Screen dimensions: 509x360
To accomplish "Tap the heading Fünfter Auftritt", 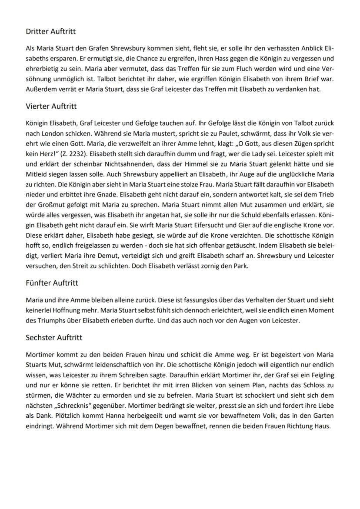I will (x=52, y=283).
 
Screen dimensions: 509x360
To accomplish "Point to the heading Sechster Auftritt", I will (x=54, y=337).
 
